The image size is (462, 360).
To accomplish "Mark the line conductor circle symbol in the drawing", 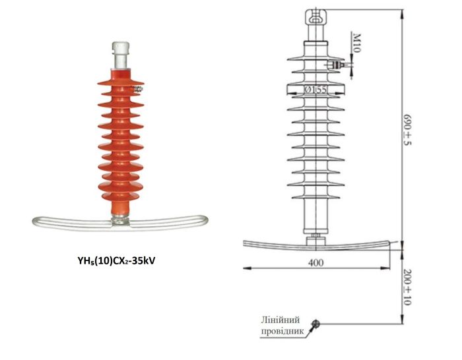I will tap(316, 324).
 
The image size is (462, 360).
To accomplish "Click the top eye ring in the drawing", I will tap(316, 16).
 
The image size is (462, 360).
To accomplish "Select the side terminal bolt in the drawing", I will tap(338, 65).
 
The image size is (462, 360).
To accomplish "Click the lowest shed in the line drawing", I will tap(316, 196).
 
